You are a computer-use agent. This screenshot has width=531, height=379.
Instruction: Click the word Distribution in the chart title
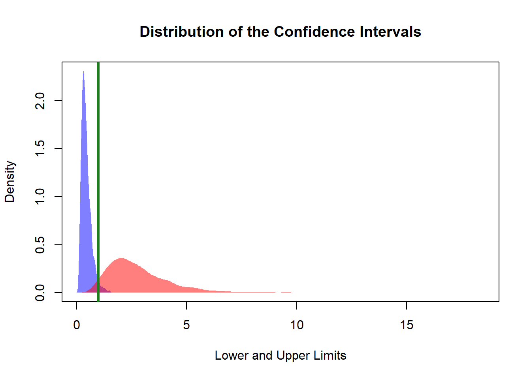pyautogui.click(x=182, y=32)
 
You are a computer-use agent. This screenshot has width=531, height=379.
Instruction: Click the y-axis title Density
pyautogui.click(x=10, y=182)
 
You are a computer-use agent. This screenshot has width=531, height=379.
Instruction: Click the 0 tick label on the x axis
pyautogui.click(x=77, y=325)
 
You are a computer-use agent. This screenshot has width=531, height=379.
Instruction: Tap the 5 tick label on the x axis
pyautogui.click(x=186, y=325)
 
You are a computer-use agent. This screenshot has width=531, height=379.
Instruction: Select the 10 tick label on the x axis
pyautogui.click(x=297, y=325)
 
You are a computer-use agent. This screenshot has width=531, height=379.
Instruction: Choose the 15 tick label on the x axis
pyautogui.click(x=407, y=325)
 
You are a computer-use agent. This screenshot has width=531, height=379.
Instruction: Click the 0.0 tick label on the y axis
pyautogui.click(x=40, y=293)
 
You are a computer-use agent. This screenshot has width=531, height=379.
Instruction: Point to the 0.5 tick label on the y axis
pyautogui.click(x=40, y=245)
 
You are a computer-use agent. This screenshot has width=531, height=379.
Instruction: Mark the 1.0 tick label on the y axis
pyautogui.click(x=40, y=197)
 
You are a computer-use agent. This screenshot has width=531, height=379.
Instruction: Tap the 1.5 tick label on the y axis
pyautogui.click(x=40, y=148)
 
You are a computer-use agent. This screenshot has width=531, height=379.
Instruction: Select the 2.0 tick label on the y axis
pyautogui.click(x=40, y=101)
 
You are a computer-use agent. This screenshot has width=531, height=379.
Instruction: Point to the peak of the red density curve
pyautogui.click(x=121, y=259)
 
